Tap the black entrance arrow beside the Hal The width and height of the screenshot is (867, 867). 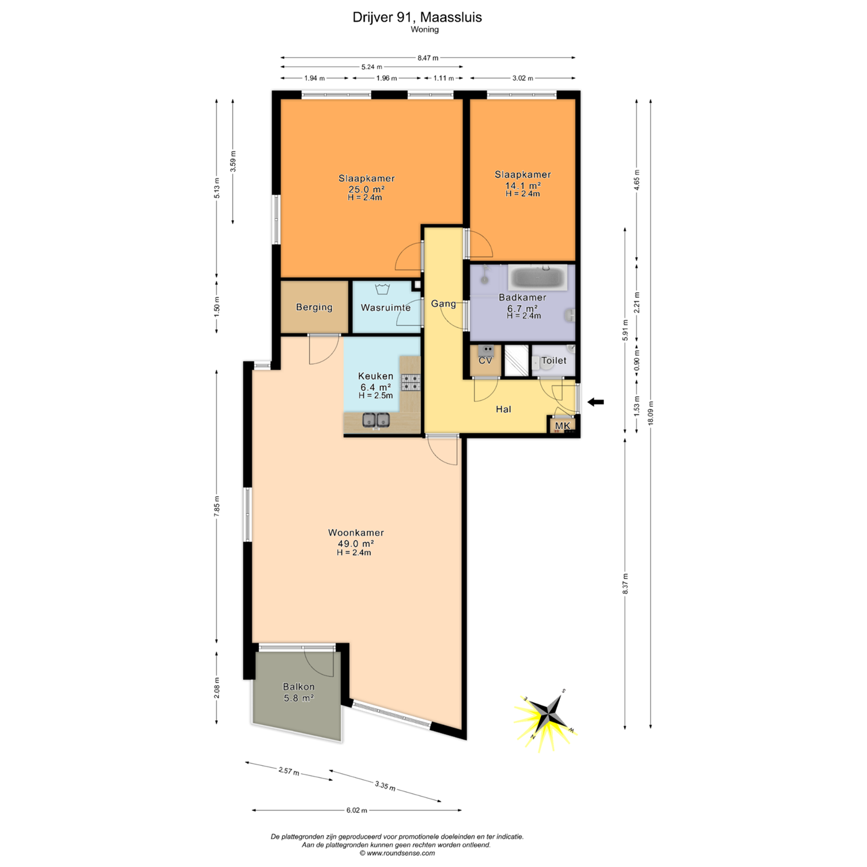595,402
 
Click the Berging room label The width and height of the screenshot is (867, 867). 314,307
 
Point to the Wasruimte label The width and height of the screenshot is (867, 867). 385,308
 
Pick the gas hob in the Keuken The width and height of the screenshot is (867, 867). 411,382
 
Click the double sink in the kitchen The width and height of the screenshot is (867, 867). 376,420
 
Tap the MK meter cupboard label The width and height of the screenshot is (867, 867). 562,426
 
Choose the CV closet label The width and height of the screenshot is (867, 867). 485,361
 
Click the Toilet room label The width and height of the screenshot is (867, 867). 554,361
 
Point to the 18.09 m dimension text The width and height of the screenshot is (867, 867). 651,413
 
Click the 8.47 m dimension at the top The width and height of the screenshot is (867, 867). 428,58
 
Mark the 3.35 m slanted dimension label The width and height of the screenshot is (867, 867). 385,786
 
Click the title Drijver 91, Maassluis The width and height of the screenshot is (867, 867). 417,17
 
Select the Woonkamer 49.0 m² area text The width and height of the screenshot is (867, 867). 356,543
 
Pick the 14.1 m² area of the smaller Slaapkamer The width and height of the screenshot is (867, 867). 523,185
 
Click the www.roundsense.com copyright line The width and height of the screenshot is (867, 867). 397,853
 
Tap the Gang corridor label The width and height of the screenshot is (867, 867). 443,303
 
